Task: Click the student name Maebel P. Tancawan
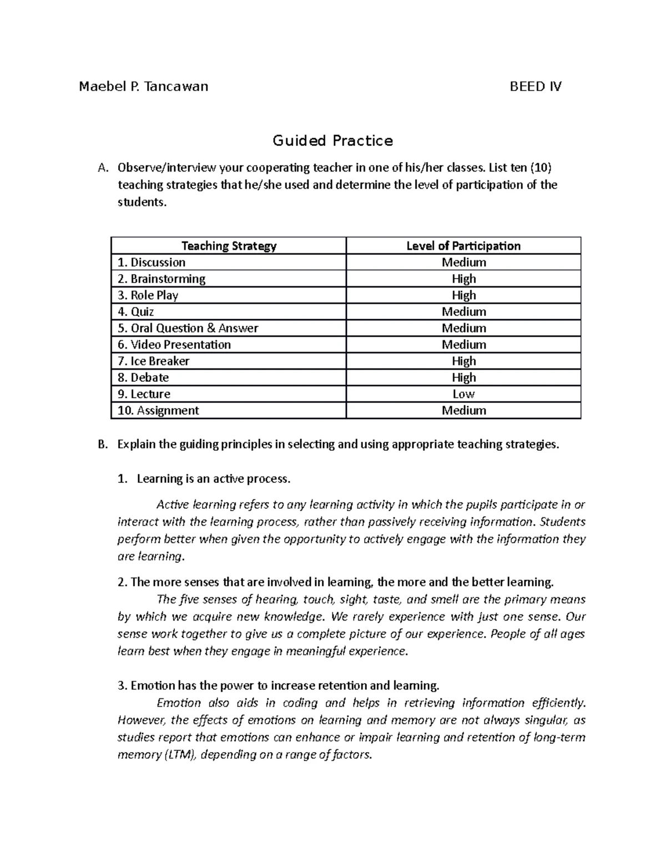pyautogui.click(x=144, y=86)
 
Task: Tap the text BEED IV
pyautogui.click(x=536, y=86)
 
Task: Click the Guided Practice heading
pyautogui.click(x=332, y=141)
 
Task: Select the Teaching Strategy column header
pyautogui.click(x=229, y=246)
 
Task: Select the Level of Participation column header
pyautogui.click(x=463, y=246)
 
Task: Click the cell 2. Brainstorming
pyautogui.click(x=162, y=279)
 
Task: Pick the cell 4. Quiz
pyautogui.click(x=136, y=311)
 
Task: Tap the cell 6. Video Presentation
pyautogui.click(x=174, y=345)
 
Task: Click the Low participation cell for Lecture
pyautogui.click(x=463, y=394)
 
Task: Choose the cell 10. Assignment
pyautogui.click(x=158, y=411)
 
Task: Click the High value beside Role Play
pyautogui.click(x=463, y=295)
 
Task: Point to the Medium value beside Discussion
pyautogui.click(x=463, y=263)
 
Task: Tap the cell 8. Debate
pyautogui.click(x=143, y=377)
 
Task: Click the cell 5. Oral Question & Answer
pyautogui.click(x=188, y=328)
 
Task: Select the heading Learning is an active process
pyautogui.click(x=214, y=478)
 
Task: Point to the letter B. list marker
pyautogui.click(x=101, y=445)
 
